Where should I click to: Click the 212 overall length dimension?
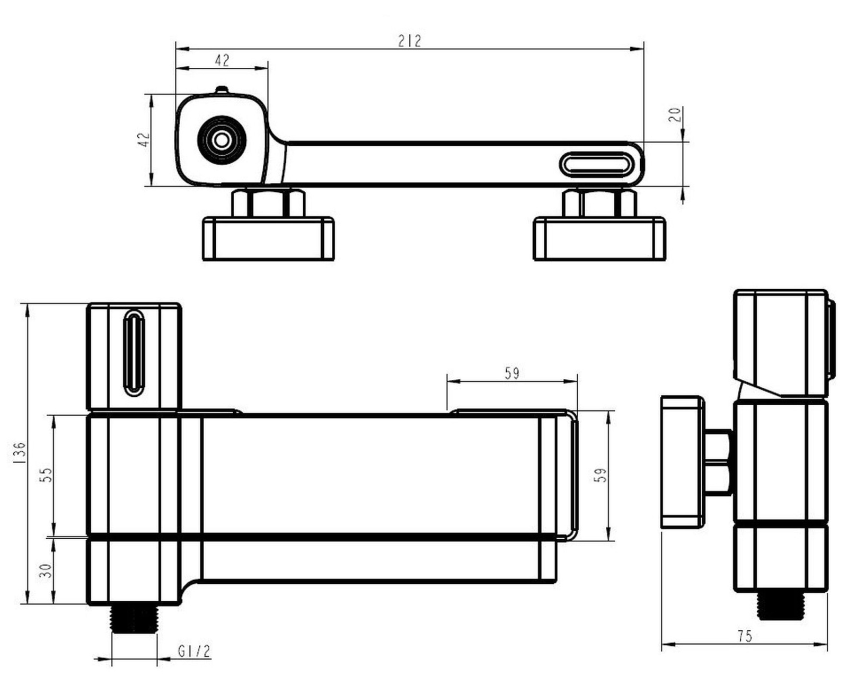point(409,41)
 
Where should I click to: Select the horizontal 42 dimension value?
point(222,60)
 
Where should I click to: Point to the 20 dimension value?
point(675,114)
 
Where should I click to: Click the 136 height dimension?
point(19,453)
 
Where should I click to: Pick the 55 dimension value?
point(46,475)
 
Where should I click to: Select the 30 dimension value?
point(46,571)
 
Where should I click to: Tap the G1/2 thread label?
point(195,652)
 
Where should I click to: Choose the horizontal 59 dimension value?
point(512,373)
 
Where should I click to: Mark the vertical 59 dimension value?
point(600,475)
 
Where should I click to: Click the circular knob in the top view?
point(222,140)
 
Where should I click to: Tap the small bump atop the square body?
point(222,91)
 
